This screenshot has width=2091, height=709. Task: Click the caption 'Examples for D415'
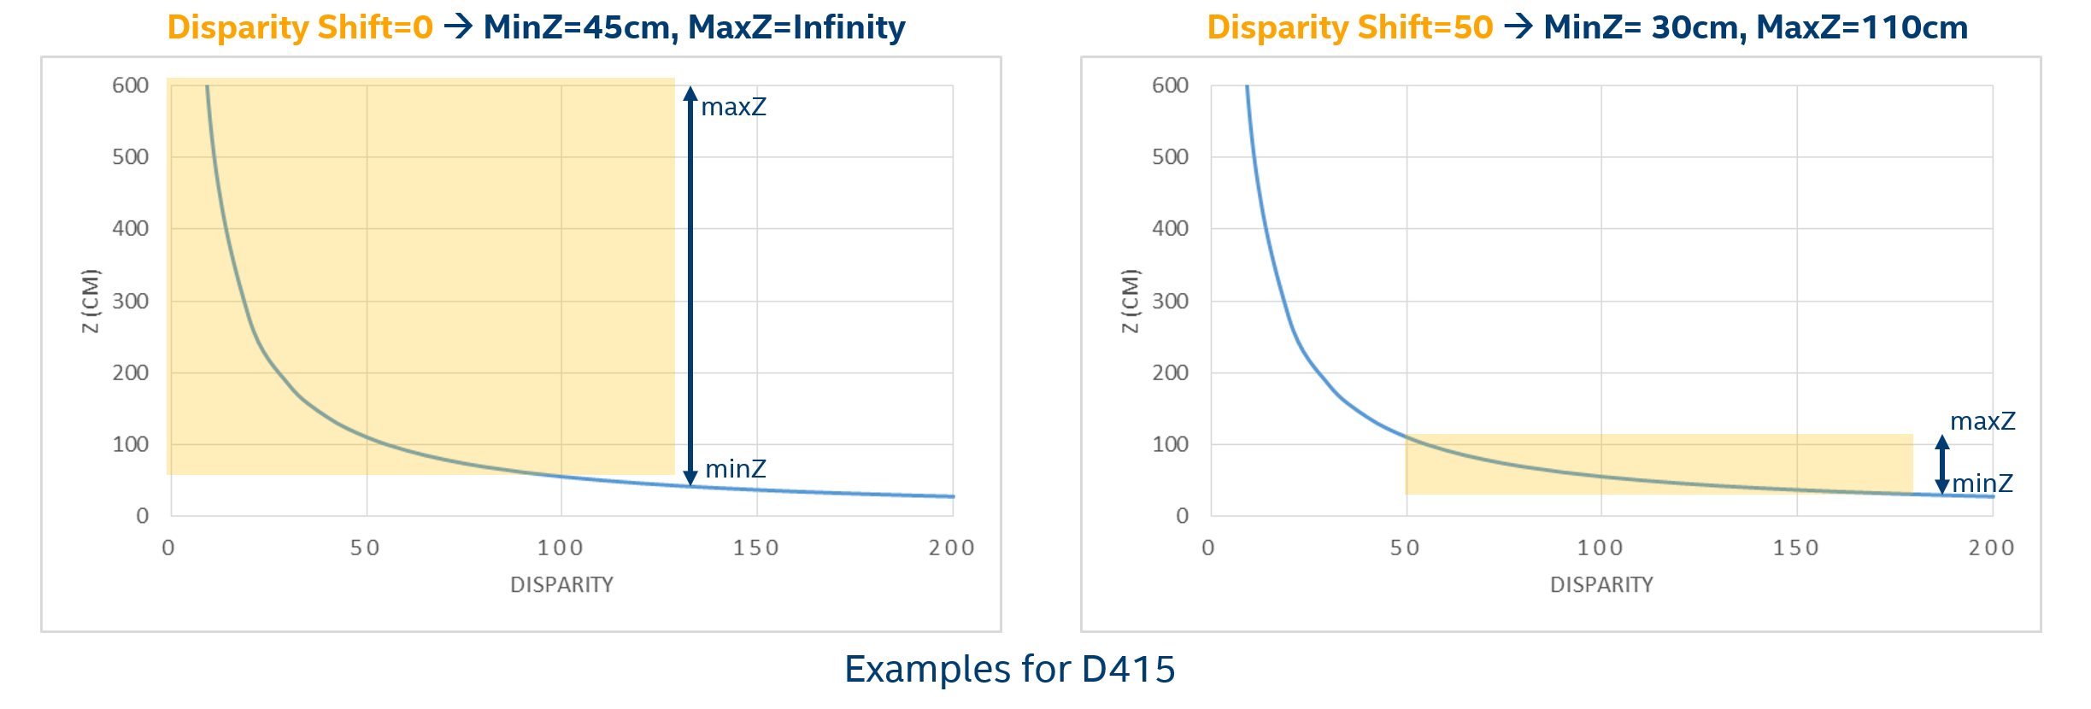pos(1009,669)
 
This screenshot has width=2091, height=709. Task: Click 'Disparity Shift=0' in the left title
pos(300,27)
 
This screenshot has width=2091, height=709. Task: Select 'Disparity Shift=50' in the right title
pos(1349,27)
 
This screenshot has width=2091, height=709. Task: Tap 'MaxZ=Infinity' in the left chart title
pos(796,27)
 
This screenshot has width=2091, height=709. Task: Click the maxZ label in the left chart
pos(733,107)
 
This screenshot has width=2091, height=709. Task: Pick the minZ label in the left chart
pos(735,469)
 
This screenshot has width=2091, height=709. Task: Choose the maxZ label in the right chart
pos(1982,421)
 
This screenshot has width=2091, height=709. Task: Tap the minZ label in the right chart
pos(1982,483)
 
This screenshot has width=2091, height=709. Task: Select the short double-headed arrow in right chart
pos(1942,465)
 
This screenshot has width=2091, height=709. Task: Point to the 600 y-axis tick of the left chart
pos(130,85)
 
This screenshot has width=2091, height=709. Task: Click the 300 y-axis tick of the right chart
pos(1170,301)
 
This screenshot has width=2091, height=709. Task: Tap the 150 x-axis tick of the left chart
pos(755,548)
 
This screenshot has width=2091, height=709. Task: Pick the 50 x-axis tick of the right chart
pos(1405,548)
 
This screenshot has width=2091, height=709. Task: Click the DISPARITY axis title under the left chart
pos(561,584)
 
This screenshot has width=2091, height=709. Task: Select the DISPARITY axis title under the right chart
pos(1601,584)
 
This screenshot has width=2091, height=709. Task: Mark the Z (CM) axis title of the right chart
pos(1130,301)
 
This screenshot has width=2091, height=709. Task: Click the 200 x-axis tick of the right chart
pos(1991,548)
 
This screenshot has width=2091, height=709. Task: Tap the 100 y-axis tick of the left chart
pos(130,444)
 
